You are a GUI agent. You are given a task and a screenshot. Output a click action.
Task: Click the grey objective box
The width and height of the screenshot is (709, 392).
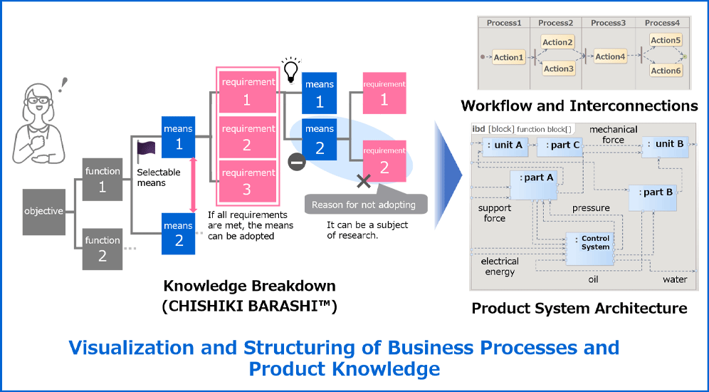click(x=43, y=211)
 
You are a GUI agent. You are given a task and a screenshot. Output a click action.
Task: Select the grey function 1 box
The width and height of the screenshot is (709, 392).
click(x=103, y=179)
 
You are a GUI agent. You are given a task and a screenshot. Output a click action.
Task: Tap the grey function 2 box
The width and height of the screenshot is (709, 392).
click(x=103, y=247)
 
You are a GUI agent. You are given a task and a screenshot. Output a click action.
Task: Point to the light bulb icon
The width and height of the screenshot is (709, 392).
click(x=290, y=69)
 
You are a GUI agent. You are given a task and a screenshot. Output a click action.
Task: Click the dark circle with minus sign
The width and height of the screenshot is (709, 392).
click(x=297, y=162)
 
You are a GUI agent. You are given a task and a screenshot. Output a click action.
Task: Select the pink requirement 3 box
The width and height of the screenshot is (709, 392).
click(x=247, y=181)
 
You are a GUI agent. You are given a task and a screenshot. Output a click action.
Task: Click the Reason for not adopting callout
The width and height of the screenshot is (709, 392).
click(x=364, y=205)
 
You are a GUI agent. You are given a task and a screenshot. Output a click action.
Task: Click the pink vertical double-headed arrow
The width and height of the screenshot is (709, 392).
click(x=192, y=185)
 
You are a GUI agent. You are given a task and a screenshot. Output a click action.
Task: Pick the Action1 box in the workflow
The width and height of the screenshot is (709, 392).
click(x=508, y=57)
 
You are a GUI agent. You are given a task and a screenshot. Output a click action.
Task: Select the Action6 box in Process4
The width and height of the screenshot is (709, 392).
click(x=666, y=71)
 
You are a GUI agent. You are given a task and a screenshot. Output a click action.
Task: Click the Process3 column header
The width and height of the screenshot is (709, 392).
click(x=609, y=23)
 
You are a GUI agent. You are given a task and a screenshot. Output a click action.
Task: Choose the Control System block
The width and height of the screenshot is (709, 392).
click(x=594, y=243)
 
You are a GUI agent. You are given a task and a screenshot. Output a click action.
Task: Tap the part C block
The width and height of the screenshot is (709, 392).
click(x=560, y=145)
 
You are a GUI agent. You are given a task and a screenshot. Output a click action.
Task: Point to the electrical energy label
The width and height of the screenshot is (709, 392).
click(x=500, y=266)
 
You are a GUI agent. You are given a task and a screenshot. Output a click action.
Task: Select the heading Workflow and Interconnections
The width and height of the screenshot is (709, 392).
click(x=579, y=106)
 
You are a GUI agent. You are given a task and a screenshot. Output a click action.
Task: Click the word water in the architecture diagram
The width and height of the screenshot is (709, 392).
click(x=674, y=279)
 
